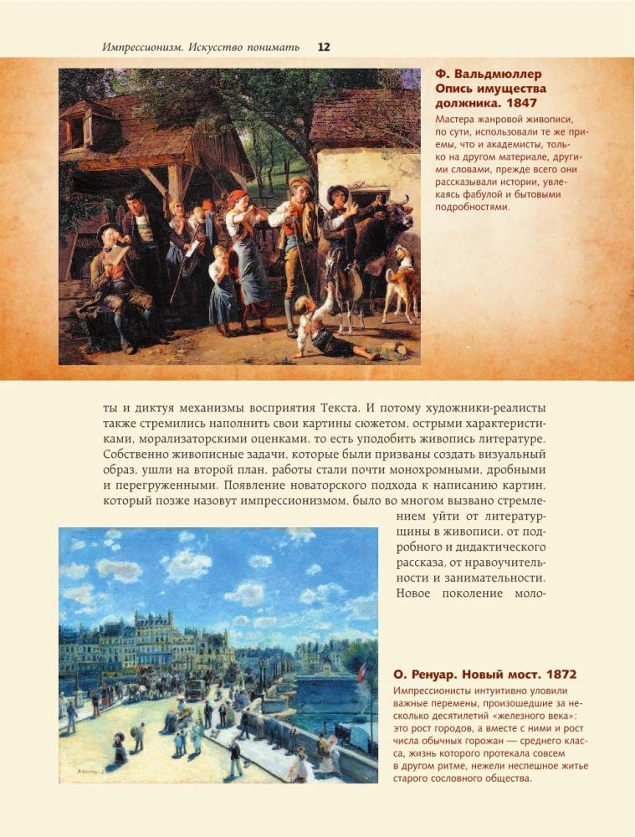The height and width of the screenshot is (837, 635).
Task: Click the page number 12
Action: (x=324, y=48)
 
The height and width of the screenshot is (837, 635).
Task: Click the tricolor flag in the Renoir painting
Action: (x=362, y=670)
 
